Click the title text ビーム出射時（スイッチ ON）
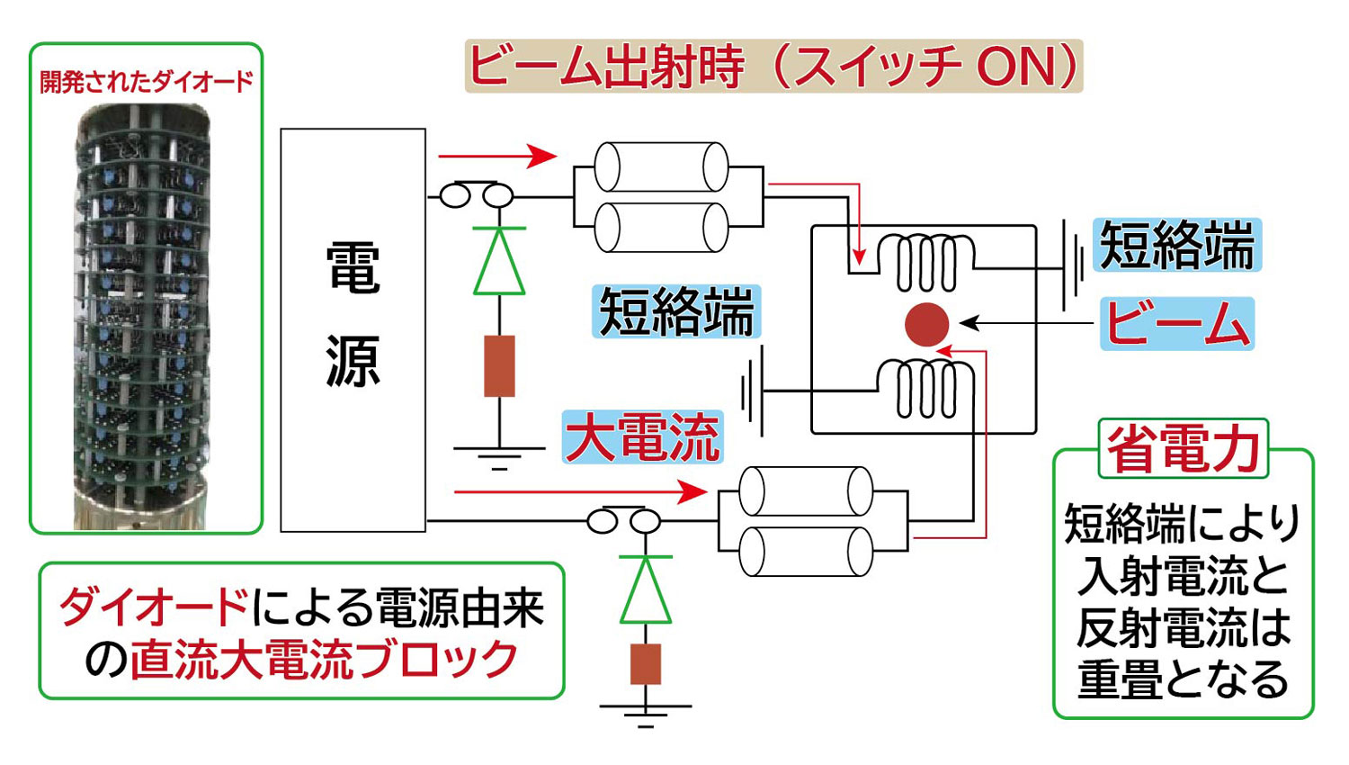pyautogui.click(x=773, y=67)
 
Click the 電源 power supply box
pyautogui.click(x=353, y=329)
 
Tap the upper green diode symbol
pyautogui.click(x=499, y=262)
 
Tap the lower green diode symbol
pyautogui.click(x=646, y=590)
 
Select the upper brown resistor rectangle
pyautogui.click(x=499, y=366)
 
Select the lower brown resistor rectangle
pyautogui.click(x=646, y=664)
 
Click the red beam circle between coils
pyautogui.click(x=926, y=325)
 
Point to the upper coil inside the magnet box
pyautogui.click(x=926, y=262)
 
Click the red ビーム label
pyautogui.click(x=1177, y=324)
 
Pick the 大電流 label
pyautogui.click(x=642, y=437)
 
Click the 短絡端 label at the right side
pyautogui.click(x=1177, y=245)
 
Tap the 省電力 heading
pyautogui.click(x=1183, y=448)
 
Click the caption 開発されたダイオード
pyautogui.click(x=147, y=82)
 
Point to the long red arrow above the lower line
pyautogui.click(x=580, y=491)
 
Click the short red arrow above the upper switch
pyautogui.click(x=498, y=156)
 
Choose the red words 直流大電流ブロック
pyautogui.click(x=325, y=661)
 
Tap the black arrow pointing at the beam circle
pyautogui.click(x=1025, y=323)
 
